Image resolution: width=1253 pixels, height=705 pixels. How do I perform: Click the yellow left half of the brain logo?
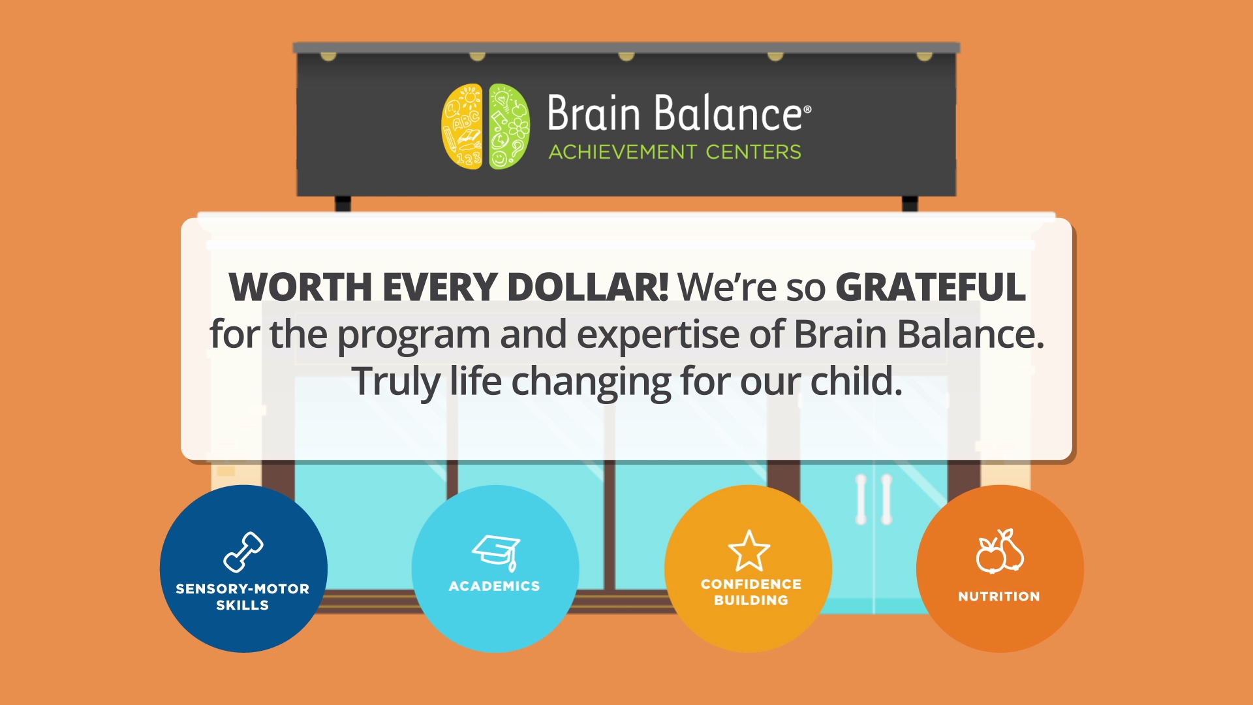click(462, 127)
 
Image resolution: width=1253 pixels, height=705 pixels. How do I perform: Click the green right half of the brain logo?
click(509, 127)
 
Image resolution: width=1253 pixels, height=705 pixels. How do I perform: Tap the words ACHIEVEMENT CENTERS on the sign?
click(675, 152)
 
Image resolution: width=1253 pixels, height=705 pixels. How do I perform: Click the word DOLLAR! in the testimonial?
click(587, 287)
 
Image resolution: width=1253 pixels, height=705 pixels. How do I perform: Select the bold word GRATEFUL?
click(931, 287)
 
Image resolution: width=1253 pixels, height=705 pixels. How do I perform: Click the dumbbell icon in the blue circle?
click(243, 552)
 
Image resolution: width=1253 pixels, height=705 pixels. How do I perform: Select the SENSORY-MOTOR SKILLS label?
click(242, 597)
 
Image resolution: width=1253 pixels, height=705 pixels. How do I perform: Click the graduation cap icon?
click(497, 552)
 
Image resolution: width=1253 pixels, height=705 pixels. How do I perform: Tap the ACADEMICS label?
click(495, 586)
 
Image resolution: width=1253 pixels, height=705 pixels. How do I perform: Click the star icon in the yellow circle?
click(749, 550)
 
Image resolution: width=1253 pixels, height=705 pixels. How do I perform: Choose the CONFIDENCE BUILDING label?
click(751, 592)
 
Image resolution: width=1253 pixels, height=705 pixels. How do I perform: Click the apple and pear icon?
click(1000, 551)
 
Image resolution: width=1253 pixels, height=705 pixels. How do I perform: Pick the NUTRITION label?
click(999, 597)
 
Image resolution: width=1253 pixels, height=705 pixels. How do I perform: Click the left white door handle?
click(861, 499)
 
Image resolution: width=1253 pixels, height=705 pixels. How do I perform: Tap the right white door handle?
click(886, 499)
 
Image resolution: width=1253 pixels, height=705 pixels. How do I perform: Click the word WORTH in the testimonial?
click(300, 287)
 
